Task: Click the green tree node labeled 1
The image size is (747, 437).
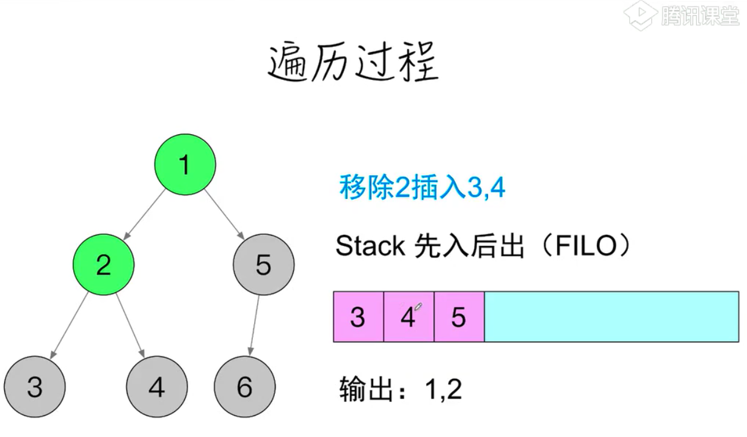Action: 185,164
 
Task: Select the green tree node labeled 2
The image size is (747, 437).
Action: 103,264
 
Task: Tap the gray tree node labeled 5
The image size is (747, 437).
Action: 263,264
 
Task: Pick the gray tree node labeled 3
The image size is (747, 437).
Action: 35,387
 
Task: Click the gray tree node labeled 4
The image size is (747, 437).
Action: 157,387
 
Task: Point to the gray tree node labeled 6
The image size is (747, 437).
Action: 245,387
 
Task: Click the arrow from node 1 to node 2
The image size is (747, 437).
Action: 144,214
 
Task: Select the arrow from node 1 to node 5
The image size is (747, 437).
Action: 224,214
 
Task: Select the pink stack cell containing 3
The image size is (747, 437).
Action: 359,317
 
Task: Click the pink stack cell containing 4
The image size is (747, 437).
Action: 409,317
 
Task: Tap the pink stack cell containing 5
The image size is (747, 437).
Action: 459,317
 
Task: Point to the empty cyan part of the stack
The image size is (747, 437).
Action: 611,317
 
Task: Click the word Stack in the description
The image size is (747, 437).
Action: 370,246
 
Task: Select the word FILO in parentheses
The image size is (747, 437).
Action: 586,246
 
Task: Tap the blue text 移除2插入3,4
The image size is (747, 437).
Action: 422,187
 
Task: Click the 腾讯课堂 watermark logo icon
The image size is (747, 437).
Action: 640,16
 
